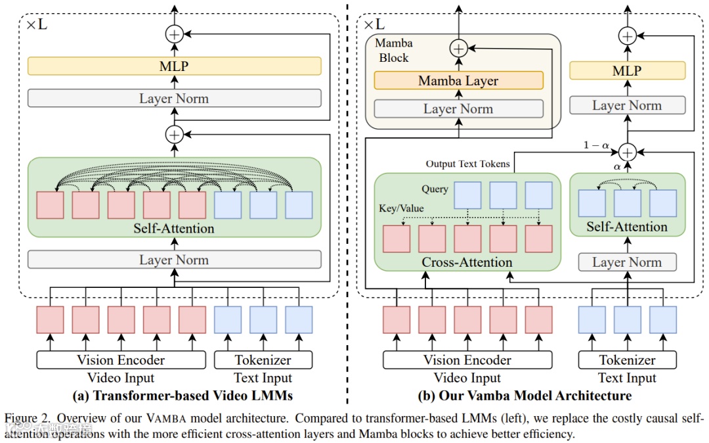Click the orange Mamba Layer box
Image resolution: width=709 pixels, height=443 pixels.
point(458,81)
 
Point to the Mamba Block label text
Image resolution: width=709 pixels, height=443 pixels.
point(394,51)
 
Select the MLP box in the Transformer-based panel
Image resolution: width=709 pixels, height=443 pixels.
point(174,66)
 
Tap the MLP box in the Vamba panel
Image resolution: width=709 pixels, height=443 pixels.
point(627,70)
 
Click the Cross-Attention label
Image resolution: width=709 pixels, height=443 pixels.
point(467,262)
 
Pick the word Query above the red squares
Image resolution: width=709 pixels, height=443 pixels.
point(435,189)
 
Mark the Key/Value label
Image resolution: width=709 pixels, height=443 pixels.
point(401,208)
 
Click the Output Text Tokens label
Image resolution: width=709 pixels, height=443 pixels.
point(467,164)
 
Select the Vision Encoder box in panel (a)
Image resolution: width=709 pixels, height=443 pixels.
point(121,360)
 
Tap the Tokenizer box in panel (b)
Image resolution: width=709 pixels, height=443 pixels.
point(627,360)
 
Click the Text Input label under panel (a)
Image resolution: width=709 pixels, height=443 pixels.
point(263,378)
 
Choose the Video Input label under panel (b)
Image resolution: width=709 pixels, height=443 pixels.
point(467,378)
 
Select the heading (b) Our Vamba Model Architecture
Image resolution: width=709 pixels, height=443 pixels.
point(525,396)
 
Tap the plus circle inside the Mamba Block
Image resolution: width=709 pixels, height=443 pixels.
point(458,48)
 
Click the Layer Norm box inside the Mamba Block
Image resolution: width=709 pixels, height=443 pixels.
point(458,108)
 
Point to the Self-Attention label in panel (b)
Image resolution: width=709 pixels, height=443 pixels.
point(626,227)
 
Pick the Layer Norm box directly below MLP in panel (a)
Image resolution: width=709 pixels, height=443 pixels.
point(174,99)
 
